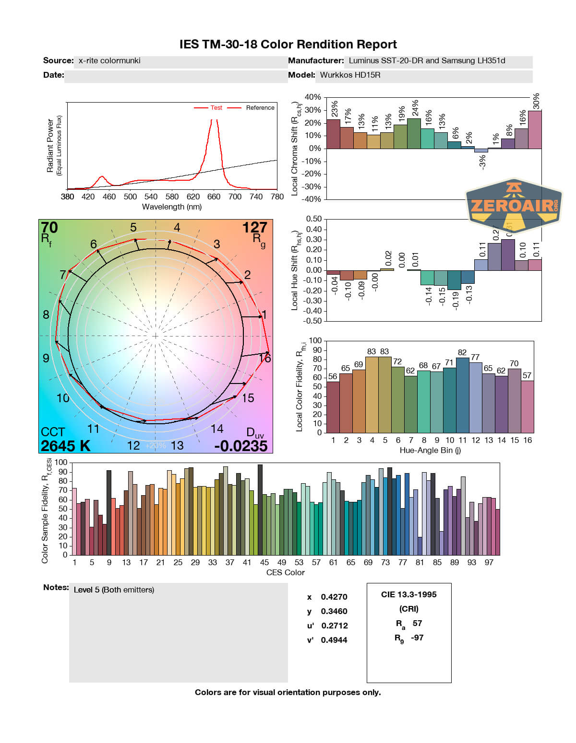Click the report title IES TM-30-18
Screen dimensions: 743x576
(288, 45)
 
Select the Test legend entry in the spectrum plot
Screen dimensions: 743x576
(216, 108)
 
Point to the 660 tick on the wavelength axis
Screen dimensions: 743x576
(214, 197)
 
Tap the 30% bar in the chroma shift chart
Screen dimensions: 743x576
(535, 130)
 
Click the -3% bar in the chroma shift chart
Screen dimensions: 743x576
(481, 151)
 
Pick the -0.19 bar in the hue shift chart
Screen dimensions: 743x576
(454, 280)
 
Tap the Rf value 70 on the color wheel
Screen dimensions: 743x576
(49, 228)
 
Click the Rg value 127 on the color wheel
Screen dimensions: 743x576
(254, 228)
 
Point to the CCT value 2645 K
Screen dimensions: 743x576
(65, 446)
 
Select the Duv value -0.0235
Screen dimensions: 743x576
(241, 446)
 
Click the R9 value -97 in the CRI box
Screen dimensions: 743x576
(417, 638)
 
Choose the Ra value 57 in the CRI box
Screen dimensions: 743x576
(417, 623)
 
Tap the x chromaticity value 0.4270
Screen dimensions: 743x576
(334, 597)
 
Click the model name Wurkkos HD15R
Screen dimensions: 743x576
(350, 75)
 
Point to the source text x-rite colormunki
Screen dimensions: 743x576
(109, 61)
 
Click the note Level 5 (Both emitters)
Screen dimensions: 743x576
(114, 590)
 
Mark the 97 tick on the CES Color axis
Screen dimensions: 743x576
(489, 562)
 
